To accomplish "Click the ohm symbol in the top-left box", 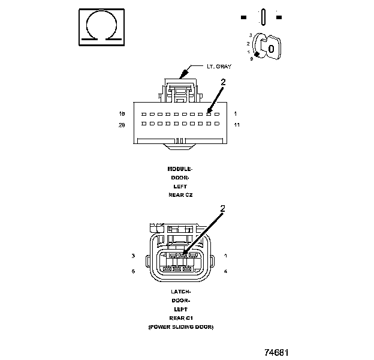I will click(x=102, y=26).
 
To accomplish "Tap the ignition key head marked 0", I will click(x=272, y=47).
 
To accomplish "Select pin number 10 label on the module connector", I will click(x=122, y=113).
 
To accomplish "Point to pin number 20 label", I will click(x=122, y=125).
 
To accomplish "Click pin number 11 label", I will click(x=237, y=125).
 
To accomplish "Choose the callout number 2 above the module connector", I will click(x=223, y=82).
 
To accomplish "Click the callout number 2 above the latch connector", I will click(x=223, y=209).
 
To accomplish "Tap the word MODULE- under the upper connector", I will click(x=180, y=169).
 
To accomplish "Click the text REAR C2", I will click(x=180, y=195).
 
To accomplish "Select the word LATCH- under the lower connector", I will click(x=180, y=292).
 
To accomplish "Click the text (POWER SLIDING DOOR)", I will click(x=180, y=327).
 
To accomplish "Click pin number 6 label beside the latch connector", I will click(x=132, y=272).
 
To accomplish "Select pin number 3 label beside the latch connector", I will click(x=132, y=256).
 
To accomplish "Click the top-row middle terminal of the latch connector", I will click(x=182, y=256).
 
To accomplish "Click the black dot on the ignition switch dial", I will click(x=258, y=55).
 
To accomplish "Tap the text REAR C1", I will click(x=180, y=318).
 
